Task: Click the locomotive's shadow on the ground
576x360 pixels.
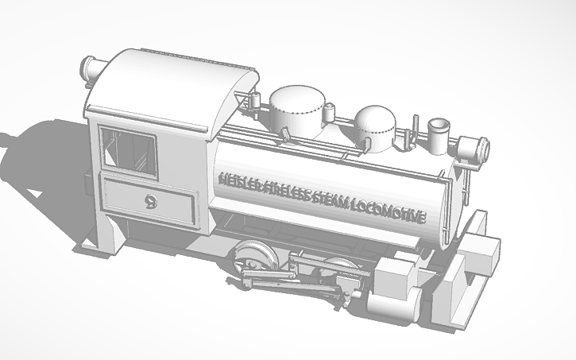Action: click(x=48, y=159)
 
